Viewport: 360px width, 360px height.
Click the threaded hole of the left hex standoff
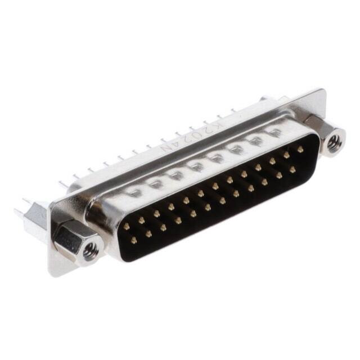coord(91,251)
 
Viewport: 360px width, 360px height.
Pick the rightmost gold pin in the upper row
coord(300,149)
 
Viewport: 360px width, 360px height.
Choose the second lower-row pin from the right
coord(278,174)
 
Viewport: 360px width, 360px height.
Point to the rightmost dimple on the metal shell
coord(275,133)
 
